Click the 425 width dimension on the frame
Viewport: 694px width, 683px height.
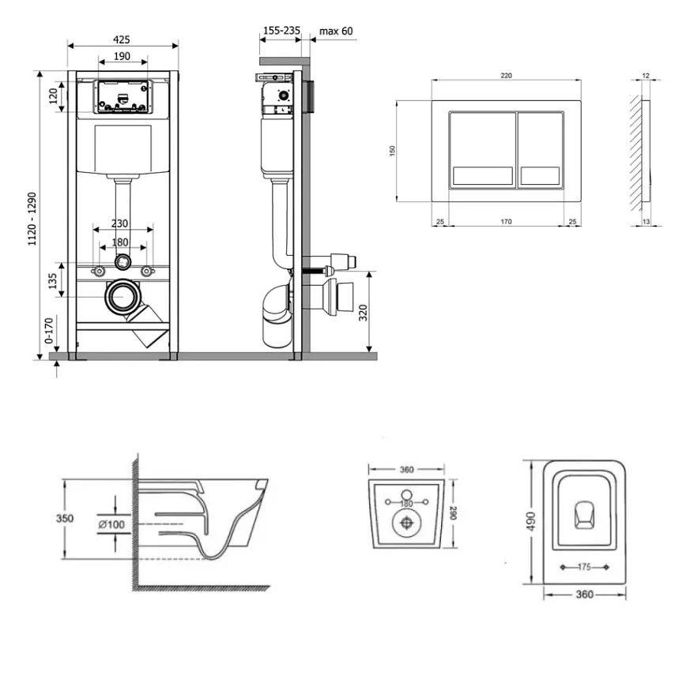(x=121, y=39)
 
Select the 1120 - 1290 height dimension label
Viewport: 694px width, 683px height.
(x=32, y=219)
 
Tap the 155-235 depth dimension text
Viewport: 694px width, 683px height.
(x=281, y=31)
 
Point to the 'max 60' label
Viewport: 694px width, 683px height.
(x=336, y=31)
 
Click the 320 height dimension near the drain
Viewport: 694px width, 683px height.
(x=363, y=313)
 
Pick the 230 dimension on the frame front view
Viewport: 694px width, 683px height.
(x=119, y=223)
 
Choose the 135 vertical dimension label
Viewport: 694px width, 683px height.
(x=53, y=281)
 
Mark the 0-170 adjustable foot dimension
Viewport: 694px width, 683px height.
(x=49, y=330)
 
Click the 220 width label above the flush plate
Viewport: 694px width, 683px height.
(x=506, y=76)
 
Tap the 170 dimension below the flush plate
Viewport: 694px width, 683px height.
(x=506, y=221)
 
